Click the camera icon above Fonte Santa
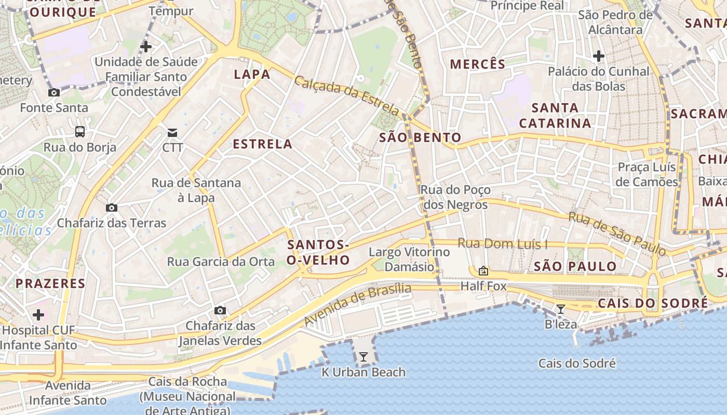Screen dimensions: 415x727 coord(53,93)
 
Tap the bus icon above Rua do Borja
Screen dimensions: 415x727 coord(80,132)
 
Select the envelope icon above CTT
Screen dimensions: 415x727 coord(172,133)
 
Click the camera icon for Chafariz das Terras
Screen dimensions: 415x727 coord(111,208)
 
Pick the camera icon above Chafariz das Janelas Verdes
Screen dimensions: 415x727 coord(220,311)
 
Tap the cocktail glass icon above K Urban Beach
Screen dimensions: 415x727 coord(363,357)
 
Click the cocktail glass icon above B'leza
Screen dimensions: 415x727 coord(561,310)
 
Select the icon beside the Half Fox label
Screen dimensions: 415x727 coord(483,271)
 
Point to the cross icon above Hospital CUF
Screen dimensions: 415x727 coord(38,315)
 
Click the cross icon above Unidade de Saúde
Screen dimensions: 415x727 coord(146,47)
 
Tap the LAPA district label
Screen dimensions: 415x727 coord(252,74)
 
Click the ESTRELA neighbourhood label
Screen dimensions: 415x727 coord(263,144)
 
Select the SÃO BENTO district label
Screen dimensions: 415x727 coord(420,137)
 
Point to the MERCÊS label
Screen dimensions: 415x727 coord(477,64)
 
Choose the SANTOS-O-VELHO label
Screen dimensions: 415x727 coord(318,252)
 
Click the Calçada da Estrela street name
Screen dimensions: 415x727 coord(347,96)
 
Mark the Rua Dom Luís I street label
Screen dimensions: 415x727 coord(503,243)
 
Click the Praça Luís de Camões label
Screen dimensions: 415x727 coord(647,174)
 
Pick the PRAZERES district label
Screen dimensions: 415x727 coord(50,283)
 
